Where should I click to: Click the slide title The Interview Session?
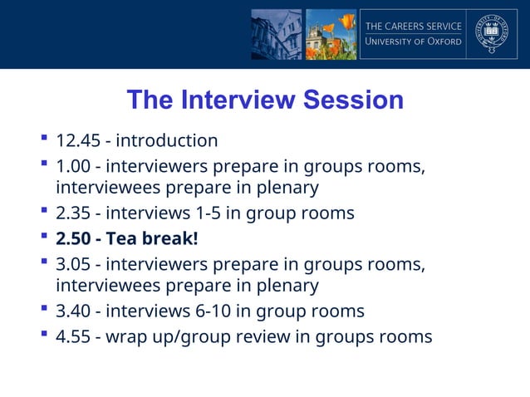[265, 100]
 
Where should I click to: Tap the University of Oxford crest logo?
[491, 34]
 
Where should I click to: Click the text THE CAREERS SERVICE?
[413, 27]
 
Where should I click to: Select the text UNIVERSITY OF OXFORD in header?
[413, 42]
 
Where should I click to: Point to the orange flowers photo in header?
[331, 34]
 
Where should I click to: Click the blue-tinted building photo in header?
[277, 34]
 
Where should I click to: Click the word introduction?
[166, 140]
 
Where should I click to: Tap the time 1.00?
[73, 166]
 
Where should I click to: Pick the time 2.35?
[73, 213]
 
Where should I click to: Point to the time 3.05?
[73, 265]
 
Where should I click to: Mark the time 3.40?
[73, 311]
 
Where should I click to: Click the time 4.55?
[73, 336]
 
